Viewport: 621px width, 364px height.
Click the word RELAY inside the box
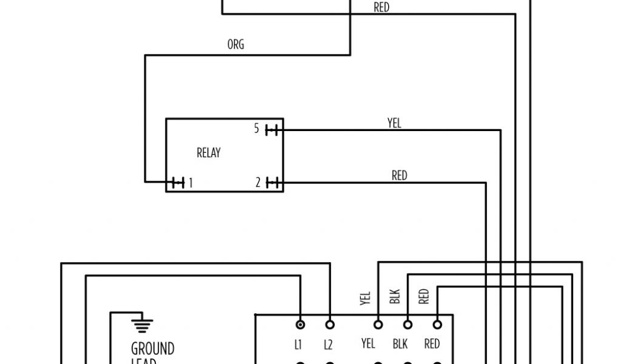[x=209, y=153]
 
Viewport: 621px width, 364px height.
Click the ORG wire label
[x=235, y=45]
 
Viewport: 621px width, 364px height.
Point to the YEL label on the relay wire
[x=394, y=123]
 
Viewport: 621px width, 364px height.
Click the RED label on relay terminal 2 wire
[x=399, y=176]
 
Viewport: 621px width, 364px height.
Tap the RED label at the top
[x=381, y=8]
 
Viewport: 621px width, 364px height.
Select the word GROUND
[x=153, y=349]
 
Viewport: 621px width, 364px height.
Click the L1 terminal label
[x=298, y=345]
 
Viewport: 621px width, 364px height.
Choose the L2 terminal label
[x=328, y=345]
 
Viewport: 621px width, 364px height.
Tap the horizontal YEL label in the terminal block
[x=368, y=344]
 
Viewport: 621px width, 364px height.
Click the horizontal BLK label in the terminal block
[x=400, y=344]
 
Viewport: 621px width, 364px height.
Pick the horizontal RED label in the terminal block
[x=432, y=344]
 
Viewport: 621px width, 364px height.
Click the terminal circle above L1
[x=300, y=325]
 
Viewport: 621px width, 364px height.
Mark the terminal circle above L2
[x=330, y=325]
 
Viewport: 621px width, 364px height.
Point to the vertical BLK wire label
[x=395, y=296]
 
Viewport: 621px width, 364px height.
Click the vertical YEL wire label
[x=365, y=297]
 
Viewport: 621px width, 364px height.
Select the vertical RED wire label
[x=424, y=296]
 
